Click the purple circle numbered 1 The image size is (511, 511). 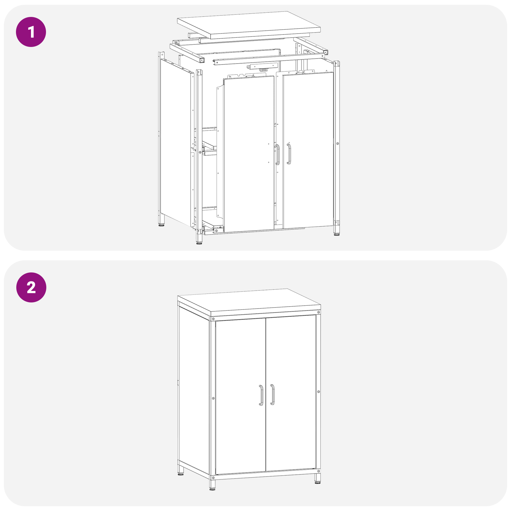tap(31, 32)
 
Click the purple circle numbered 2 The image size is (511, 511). tap(31, 287)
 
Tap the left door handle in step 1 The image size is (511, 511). tap(278, 155)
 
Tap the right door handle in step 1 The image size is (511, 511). tap(289, 154)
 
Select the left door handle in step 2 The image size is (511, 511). tap(261, 395)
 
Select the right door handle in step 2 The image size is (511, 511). tap(272, 394)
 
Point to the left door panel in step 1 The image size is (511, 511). tap(249, 154)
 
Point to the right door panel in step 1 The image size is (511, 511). tap(308, 150)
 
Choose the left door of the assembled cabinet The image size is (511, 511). tap(240, 396)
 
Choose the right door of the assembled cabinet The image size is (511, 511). tap(291, 393)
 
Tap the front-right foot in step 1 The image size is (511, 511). tap(337, 231)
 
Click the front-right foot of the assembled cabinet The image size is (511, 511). tap(317, 478)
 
